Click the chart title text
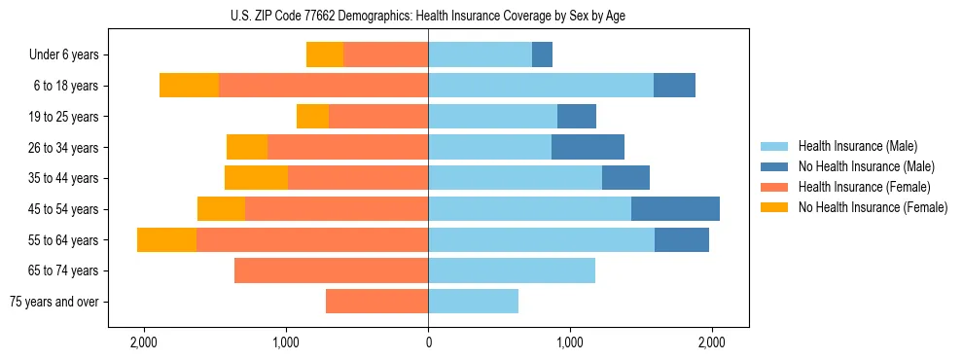tap(428, 15)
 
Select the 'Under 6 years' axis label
tap(64, 54)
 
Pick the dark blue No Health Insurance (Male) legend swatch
tap(774, 166)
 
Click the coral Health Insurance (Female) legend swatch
tap(774, 187)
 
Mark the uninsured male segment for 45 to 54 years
tap(675, 209)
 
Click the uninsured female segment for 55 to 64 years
tap(166, 240)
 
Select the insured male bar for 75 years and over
tap(473, 302)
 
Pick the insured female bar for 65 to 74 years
tap(331, 270)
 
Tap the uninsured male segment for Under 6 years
tap(542, 54)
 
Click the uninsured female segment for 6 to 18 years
tap(189, 86)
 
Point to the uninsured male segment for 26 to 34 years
tap(588, 147)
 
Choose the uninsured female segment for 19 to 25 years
tap(312, 117)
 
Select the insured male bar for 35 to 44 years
tap(515, 178)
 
